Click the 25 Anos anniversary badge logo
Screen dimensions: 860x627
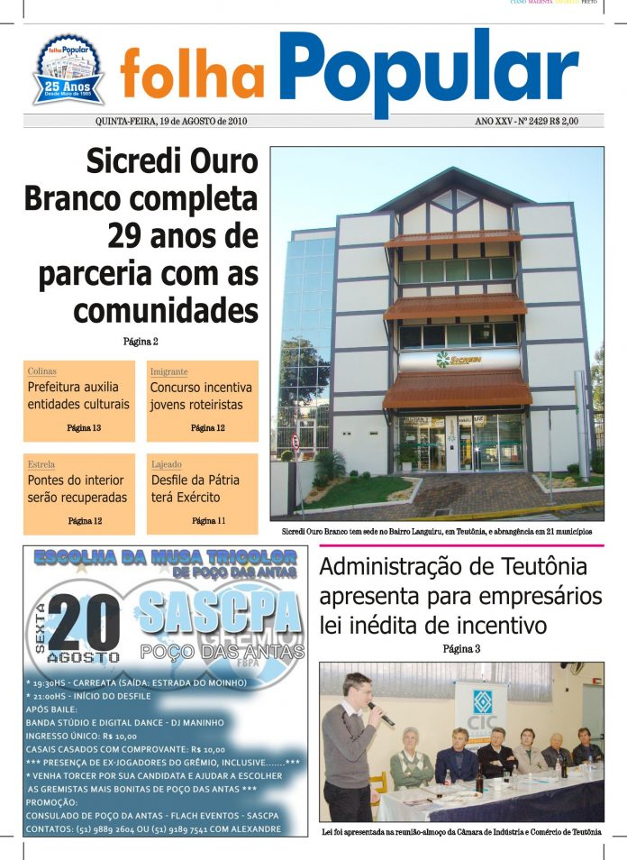(68, 69)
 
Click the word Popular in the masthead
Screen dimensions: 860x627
(428, 69)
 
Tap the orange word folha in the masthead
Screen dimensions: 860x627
(192, 76)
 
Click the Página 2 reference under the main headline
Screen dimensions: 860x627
(141, 342)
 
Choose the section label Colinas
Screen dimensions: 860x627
(42, 371)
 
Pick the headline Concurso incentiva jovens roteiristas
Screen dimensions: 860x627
(202, 396)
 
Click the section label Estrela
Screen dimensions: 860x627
(41, 464)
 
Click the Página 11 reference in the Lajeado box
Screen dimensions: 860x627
(209, 521)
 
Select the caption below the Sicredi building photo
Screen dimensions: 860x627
(436, 532)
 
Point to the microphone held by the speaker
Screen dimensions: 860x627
(382, 715)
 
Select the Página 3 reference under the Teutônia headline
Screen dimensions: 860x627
(461, 649)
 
